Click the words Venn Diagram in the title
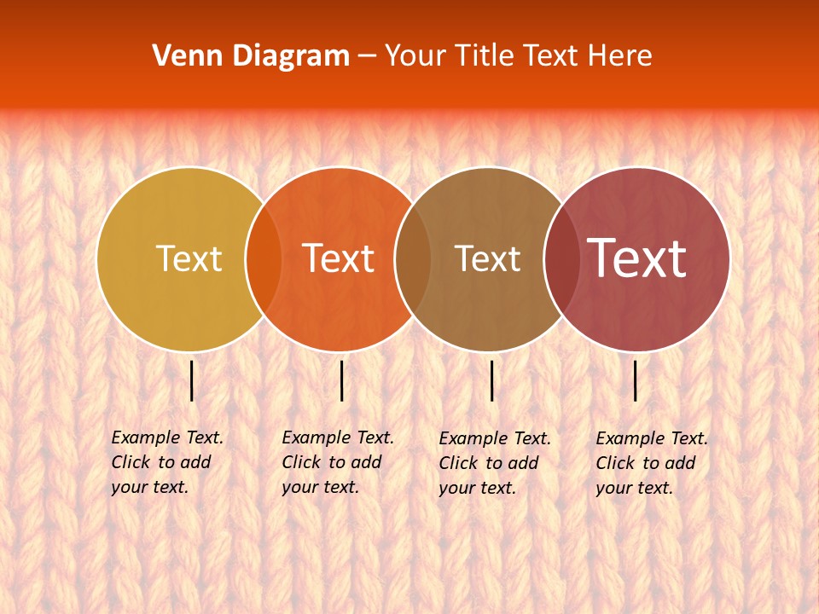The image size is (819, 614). [x=251, y=56]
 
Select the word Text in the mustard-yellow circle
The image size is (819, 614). [x=189, y=258]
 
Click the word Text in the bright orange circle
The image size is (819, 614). [x=338, y=258]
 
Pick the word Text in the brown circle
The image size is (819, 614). [x=487, y=258]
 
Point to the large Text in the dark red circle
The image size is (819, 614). [x=636, y=258]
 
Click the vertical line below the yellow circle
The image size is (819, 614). [x=192, y=380]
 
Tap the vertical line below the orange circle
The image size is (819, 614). [x=341, y=380]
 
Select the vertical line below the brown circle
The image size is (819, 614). [x=492, y=380]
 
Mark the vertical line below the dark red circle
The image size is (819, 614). [x=636, y=380]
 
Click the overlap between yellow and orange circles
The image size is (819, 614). [x=264, y=258]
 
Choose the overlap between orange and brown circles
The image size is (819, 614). [x=413, y=258]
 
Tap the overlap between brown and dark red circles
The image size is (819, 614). [x=562, y=258]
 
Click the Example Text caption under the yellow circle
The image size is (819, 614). [x=166, y=462]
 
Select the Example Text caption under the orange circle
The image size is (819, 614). [x=337, y=462]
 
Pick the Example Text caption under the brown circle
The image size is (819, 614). [x=494, y=463]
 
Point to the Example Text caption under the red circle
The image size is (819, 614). [x=651, y=463]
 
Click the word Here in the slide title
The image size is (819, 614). [x=620, y=56]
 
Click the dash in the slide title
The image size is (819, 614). [x=367, y=56]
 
